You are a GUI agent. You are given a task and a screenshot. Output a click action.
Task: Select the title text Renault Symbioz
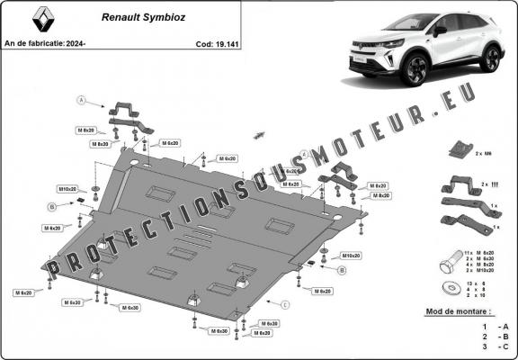126,16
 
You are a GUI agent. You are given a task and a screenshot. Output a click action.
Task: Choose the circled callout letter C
285,304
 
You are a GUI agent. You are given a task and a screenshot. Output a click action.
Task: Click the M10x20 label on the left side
68,190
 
